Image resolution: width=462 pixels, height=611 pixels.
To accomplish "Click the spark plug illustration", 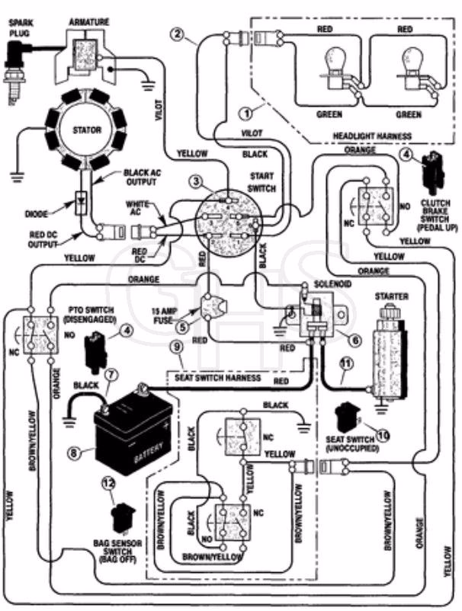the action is [15, 73].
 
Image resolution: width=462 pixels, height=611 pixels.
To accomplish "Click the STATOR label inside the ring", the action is [87, 130].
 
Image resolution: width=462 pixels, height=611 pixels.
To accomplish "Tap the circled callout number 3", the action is [196, 181].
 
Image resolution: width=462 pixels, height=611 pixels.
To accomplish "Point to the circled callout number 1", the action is [246, 114].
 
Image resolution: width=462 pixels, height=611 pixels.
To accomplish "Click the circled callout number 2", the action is [178, 34].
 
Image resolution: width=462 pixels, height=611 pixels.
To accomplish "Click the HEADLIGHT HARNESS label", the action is [372, 136].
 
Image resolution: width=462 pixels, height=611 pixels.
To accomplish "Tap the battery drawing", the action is [133, 433].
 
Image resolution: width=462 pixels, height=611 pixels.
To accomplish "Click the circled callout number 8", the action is [75, 453].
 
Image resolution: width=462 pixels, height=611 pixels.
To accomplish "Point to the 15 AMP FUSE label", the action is [162, 315].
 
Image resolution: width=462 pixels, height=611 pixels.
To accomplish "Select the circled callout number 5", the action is [183, 327].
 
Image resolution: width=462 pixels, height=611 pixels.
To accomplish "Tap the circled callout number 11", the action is [346, 364].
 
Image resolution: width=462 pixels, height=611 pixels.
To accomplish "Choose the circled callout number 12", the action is [109, 483].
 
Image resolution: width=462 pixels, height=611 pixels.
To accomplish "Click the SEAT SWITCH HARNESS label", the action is [217, 378].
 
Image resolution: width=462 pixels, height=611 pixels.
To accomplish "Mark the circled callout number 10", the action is [383, 435].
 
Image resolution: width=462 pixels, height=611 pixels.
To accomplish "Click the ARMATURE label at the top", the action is [89, 22].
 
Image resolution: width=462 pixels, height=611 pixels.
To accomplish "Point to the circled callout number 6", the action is [355, 340].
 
